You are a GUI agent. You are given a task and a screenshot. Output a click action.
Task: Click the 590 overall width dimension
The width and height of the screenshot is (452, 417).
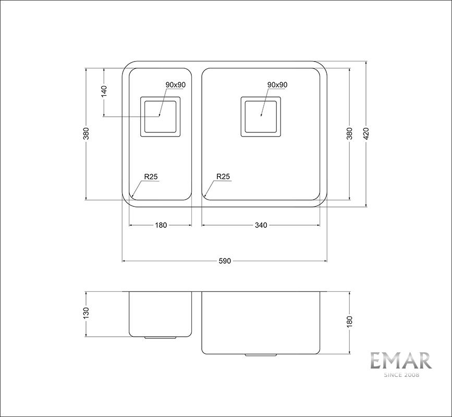[x=225, y=261]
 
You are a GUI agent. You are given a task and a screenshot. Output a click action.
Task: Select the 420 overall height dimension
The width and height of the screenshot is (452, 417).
[x=366, y=133]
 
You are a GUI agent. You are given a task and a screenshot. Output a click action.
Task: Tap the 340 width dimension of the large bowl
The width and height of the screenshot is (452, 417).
[x=261, y=225]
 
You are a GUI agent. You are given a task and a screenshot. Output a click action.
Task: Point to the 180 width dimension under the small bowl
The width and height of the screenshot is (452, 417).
[x=161, y=225]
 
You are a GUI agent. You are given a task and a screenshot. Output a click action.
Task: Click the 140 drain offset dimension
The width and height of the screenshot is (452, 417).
[x=104, y=91]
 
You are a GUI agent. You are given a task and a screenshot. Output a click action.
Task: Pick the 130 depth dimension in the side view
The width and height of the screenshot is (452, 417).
[x=86, y=314]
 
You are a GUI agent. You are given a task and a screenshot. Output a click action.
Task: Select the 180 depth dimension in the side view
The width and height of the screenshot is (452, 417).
[x=349, y=322]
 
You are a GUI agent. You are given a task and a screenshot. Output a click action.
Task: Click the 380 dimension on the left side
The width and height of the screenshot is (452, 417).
[x=86, y=133]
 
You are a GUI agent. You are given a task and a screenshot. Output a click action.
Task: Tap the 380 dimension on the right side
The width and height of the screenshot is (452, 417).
[x=349, y=133]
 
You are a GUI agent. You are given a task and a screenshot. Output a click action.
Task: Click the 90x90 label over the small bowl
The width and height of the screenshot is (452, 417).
[x=176, y=85]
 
